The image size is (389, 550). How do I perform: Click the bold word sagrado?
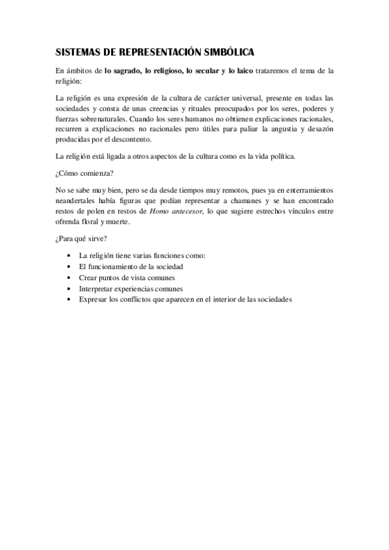point(129,70)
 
